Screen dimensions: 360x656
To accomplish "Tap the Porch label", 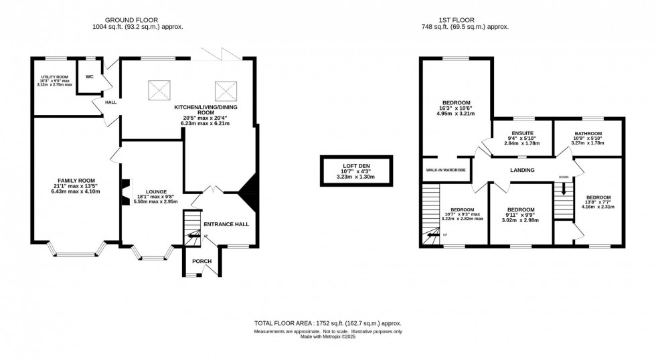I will (201, 261).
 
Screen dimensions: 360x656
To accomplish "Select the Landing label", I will (521, 170).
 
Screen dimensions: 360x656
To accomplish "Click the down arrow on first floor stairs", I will (564, 190).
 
